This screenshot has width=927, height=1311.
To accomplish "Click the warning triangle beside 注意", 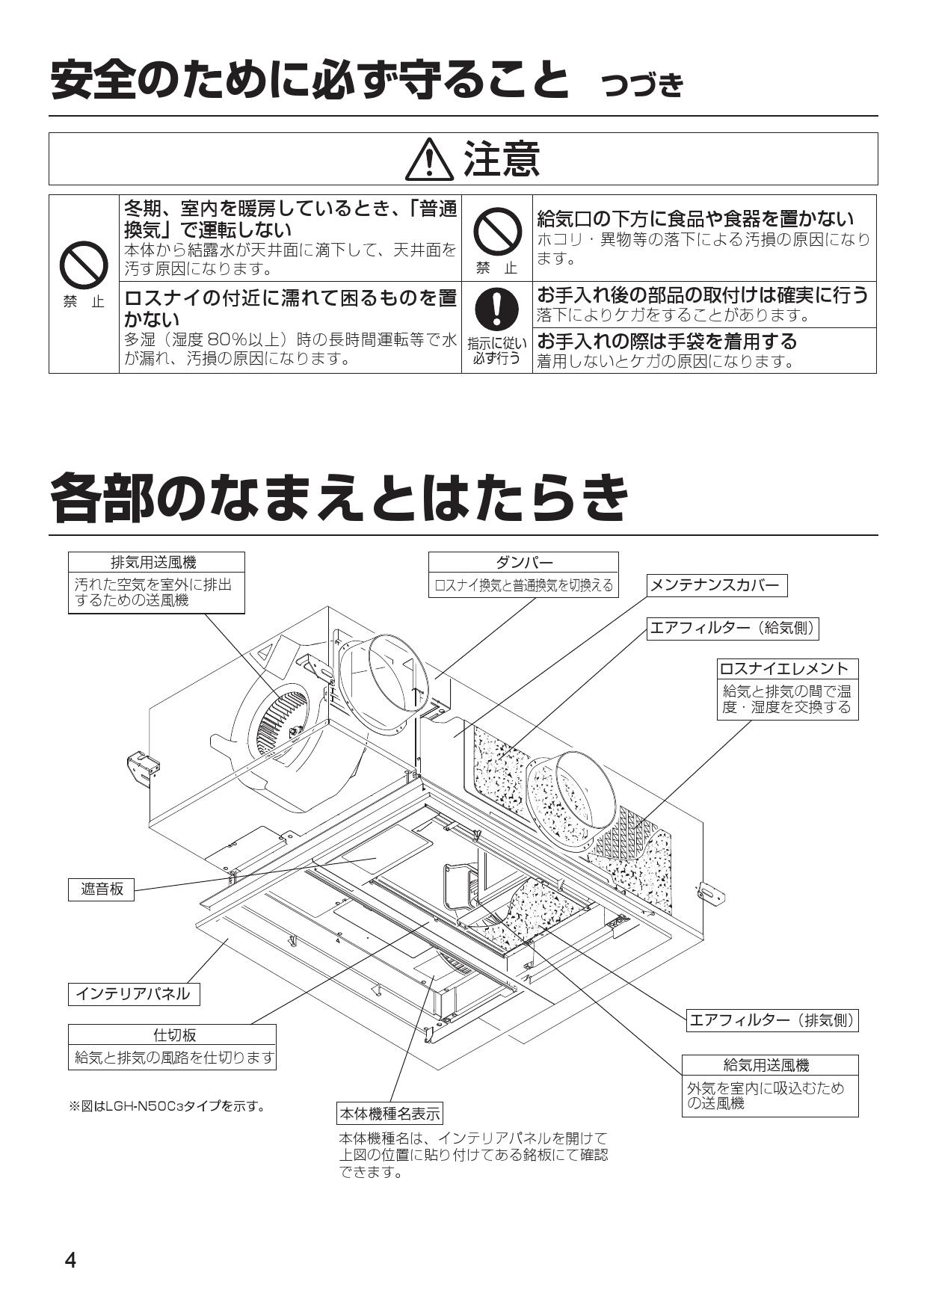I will click(x=429, y=161).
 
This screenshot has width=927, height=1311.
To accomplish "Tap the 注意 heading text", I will click(x=502, y=159).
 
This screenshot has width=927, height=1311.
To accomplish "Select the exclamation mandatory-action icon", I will click(x=496, y=309).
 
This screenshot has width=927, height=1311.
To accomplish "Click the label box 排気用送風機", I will click(x=156, y=562).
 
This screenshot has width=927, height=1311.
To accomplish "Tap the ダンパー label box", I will click(x=523, y=562).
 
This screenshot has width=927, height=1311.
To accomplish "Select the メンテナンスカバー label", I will click(x=716, y=585).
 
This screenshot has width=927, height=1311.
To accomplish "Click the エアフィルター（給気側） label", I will click(x=733, y=629).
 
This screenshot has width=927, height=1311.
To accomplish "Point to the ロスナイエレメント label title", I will click(x=787, y=668).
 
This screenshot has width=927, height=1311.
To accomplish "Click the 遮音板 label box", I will click(x=102, y=889).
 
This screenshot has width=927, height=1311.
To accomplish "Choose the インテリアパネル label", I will click(x=134, y=993).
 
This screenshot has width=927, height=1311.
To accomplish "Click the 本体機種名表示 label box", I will click(x=389, y=1114).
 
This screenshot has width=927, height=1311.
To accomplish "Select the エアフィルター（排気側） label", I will click(x=772, y=1020).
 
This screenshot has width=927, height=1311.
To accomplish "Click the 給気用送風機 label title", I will click(x=769, y=1065).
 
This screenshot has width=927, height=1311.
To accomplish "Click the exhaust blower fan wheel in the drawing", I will click(x=280, y=724).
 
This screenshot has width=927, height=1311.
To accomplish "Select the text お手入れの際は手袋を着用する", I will click(x=667, y=342).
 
